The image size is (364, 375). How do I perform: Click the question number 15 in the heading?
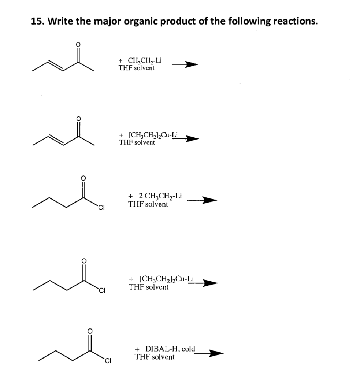point(36,21)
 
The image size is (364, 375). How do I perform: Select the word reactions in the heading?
point(291,21)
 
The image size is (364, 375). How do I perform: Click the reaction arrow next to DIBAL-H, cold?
point(209,353)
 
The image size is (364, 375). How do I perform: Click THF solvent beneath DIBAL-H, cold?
point(155,357)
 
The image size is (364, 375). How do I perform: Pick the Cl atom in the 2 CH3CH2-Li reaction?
point(101,209)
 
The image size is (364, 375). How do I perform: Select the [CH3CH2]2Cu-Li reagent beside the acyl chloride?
point(162,280)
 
